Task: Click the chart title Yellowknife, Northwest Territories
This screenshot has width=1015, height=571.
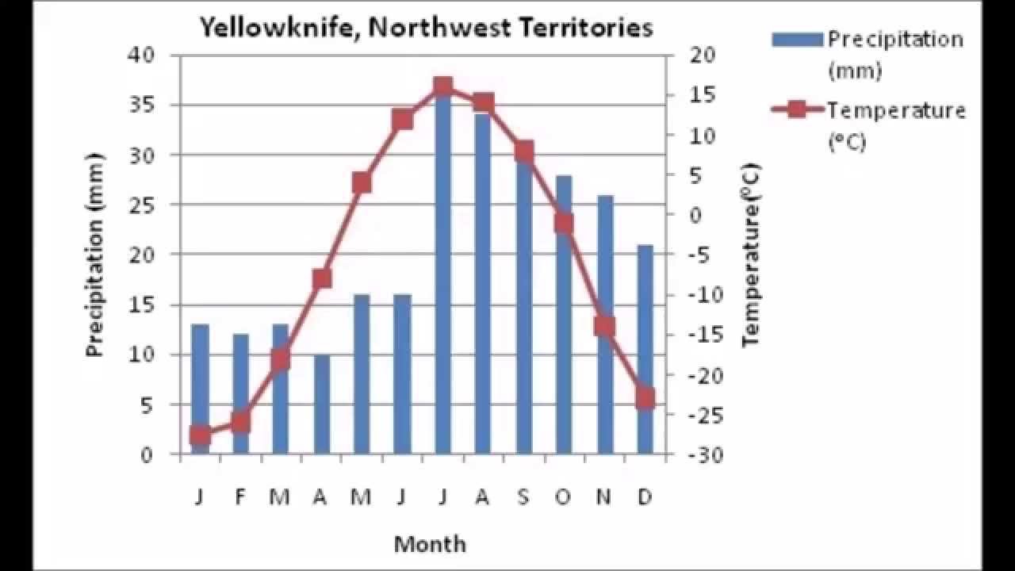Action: (x=426, y=28)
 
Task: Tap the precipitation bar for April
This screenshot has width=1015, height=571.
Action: (x=321, y=404)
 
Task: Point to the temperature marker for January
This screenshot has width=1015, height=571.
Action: (x=200, y=435)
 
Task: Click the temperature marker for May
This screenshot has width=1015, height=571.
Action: (x=362, y=183)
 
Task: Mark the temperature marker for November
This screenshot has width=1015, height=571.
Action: (x=605, y=326)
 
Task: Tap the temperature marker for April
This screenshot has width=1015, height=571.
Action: (x=321, y=278)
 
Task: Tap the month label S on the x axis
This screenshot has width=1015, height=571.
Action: (x=523, y=497)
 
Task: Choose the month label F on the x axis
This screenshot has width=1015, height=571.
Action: (x=240, y=497)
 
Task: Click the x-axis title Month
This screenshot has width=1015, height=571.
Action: (x=430, y=544)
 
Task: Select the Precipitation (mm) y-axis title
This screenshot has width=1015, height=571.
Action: (x=95, y=255)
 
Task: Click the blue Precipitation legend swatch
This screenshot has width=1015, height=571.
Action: (x=798, y=39)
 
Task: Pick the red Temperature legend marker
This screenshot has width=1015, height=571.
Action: (x=798, y=109)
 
